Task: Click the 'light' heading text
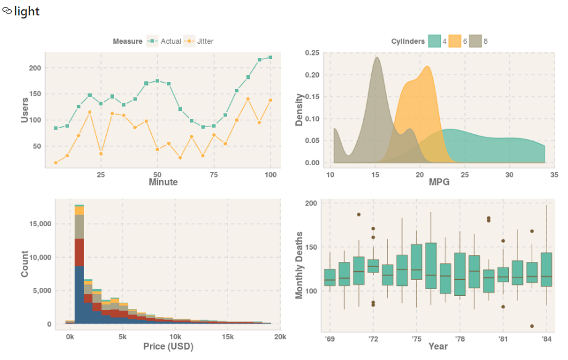pos(27,11)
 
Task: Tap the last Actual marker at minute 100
pos(271,57)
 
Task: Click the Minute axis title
pos(163,182)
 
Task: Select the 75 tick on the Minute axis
pos(214,174)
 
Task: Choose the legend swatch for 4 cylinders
pos(434,41)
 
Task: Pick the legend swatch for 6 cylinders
pos(455,41)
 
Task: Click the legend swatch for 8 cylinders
pos(475,41)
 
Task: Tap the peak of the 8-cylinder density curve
pos(377,58)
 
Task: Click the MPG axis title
pos(439,183)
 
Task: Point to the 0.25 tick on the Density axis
pos(312,53)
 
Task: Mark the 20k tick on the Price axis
pos(280,337)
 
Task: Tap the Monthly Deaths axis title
pos(299,265)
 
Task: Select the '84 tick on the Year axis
pos(546,338)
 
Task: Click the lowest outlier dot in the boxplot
pos(532,326)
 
